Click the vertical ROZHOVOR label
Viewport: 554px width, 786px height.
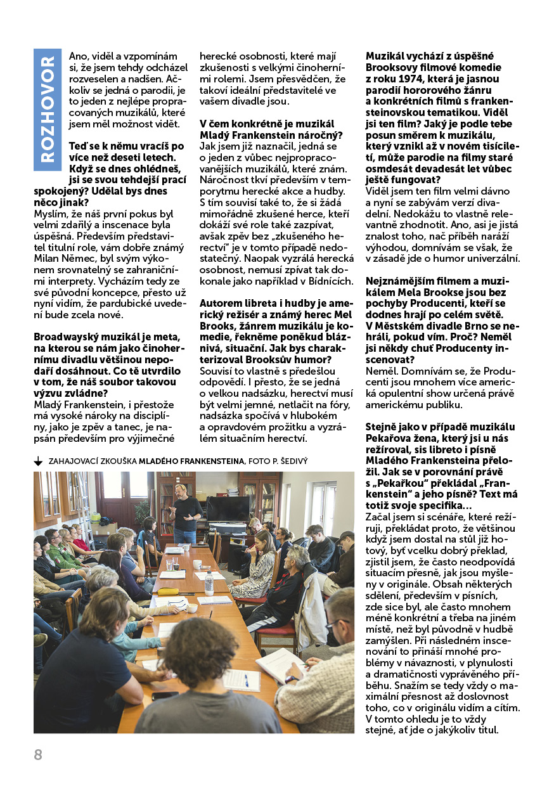click(x=47, y=110)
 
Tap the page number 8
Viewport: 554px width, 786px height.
click(x=38, y=754)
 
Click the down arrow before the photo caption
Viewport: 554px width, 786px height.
click(x=38, y=461)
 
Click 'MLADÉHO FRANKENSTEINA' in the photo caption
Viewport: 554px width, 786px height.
click(x=191, y=461)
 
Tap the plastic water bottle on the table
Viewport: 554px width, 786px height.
click(x=209, y=581)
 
